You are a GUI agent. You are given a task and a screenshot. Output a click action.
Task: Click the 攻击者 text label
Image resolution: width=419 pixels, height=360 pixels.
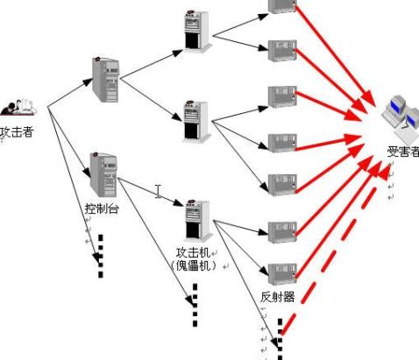click(17, 132)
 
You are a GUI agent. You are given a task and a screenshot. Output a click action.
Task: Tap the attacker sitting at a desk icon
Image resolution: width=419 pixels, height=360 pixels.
click(18, 107)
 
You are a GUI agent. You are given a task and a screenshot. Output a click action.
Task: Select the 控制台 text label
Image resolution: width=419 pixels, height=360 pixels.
click(102, 208)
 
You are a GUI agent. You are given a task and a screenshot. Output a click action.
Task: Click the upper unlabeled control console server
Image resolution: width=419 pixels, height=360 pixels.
click(105, 80)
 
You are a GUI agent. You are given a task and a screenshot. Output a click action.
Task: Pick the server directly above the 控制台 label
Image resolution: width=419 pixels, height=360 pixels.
click(103, 174)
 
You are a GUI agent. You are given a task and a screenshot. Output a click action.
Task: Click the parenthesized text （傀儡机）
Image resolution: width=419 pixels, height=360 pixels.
click(194, 265)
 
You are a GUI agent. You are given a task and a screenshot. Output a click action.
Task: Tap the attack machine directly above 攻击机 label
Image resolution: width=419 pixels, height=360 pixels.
click(197, 221)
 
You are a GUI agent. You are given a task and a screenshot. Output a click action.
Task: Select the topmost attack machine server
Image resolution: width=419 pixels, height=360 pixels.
click(197, 31)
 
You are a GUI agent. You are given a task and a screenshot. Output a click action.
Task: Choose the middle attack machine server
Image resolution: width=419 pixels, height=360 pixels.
click(196, 122)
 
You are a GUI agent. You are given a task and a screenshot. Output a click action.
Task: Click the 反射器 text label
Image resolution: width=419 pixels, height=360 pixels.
click(277, 297)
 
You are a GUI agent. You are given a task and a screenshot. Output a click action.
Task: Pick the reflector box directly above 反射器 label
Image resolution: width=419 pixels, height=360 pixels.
click(282, 274)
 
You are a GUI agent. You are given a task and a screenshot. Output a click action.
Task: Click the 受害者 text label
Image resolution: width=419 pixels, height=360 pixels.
click(403, 152)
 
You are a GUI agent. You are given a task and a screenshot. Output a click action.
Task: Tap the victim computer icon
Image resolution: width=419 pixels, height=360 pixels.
click(401, 118)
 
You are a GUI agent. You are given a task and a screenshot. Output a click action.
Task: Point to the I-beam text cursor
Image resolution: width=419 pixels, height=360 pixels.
click(158, 191)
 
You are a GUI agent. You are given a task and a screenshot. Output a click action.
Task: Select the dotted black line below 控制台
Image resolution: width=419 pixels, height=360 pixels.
click(101, 256)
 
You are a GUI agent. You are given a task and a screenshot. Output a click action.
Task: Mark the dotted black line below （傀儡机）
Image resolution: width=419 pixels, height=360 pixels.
click(195, 305)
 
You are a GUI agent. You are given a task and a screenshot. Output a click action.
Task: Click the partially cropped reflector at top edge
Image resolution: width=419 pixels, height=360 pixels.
click(282, 6)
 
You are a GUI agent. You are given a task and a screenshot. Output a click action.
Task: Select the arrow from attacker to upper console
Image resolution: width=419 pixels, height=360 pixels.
click(70, 93)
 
